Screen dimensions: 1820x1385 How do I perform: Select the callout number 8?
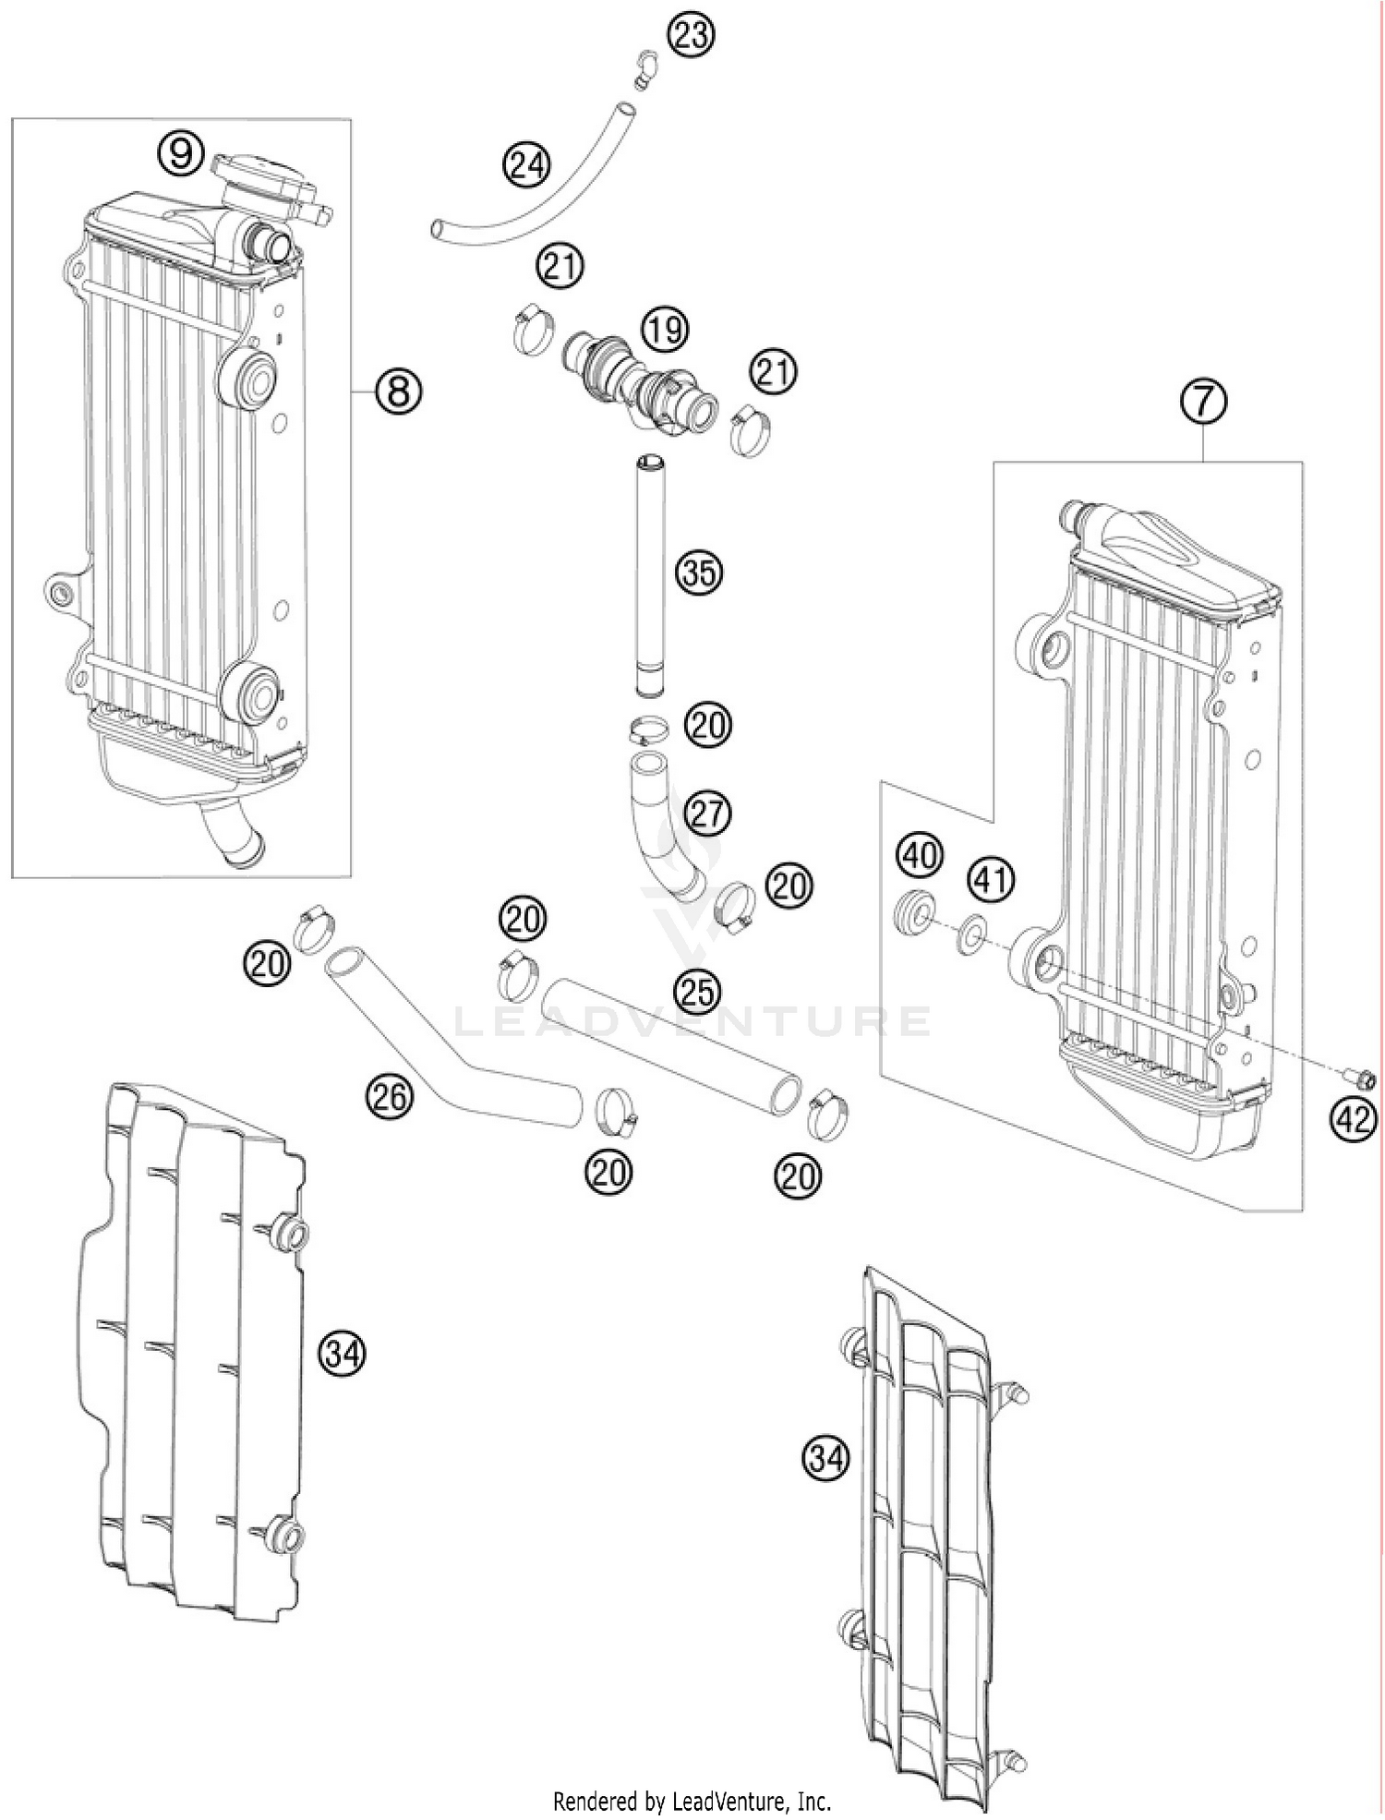coord(398,392)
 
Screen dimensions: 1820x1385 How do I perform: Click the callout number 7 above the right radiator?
coord(1203,404)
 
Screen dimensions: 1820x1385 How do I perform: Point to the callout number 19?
coord(665,330)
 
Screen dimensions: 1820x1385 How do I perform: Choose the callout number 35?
coord(699,573)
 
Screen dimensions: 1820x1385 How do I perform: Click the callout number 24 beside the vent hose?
coord(526,166)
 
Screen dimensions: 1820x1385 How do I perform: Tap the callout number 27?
coord(707,814)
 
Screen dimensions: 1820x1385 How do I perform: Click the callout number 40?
coord(919,855)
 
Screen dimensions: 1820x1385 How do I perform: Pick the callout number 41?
coord(990,880)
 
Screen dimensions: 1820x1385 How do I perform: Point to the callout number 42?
coord(1353,1120)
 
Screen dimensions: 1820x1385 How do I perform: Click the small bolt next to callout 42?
coord(1361,1077)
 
